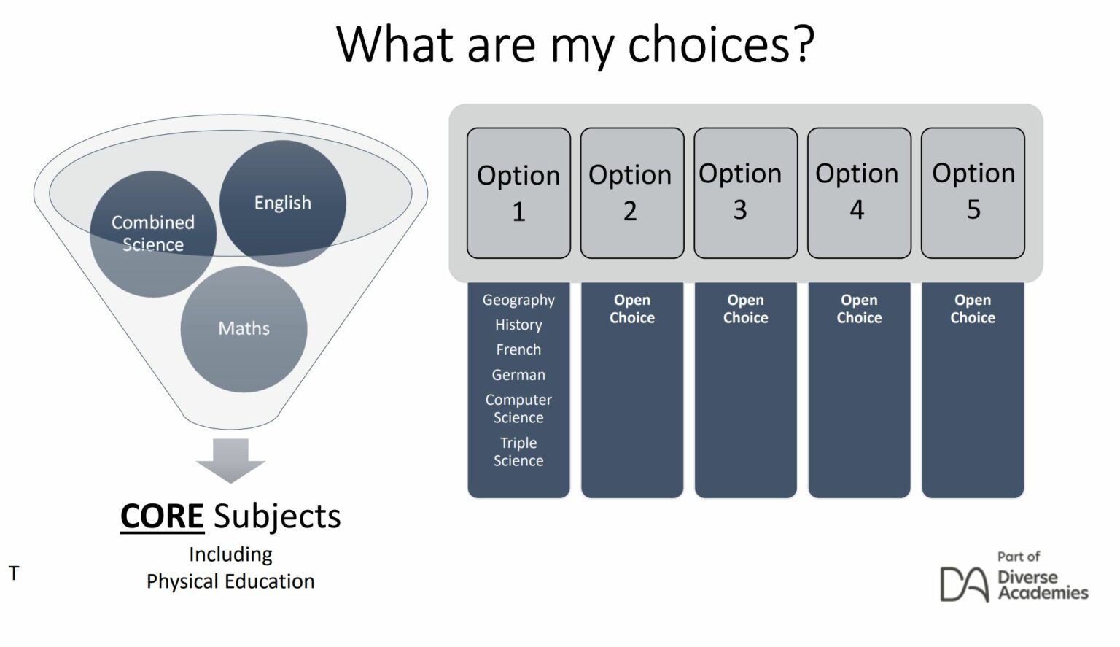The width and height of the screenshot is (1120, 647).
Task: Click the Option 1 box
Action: click(x=518, y=193)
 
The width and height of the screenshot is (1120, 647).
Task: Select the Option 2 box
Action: click(x=631, y=193)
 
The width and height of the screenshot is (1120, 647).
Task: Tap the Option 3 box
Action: click(x=745, y=193)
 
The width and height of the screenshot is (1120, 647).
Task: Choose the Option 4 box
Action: click(x=859, y=193)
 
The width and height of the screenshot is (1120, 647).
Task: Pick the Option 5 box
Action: click(x=973, y=193)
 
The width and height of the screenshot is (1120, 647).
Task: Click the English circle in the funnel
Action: click(x=283, y=203)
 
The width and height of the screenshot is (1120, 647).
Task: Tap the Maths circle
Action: click(x=244, y=329)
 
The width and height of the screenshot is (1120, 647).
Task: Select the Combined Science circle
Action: click(x=152, y=233)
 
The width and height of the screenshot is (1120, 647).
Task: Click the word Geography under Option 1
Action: click(x=518, y=300)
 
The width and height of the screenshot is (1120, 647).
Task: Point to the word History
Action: click(x=518, y=325)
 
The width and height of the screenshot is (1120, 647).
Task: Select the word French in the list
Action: click(x=518, y=349)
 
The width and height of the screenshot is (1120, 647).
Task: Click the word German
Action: click(x=518, y=375)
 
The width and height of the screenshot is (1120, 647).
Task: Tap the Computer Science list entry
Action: click(x=518, y=408)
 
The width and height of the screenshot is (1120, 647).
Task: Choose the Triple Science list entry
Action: click(x=518, y=452)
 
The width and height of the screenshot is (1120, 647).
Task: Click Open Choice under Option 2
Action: click(x=631, y=309)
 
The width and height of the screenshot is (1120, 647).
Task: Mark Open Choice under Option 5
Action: click(x=973, y=309)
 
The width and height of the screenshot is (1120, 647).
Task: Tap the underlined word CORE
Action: click(x=162, y=516)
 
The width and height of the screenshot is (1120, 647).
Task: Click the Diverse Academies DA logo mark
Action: click(x=963, y=584)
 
